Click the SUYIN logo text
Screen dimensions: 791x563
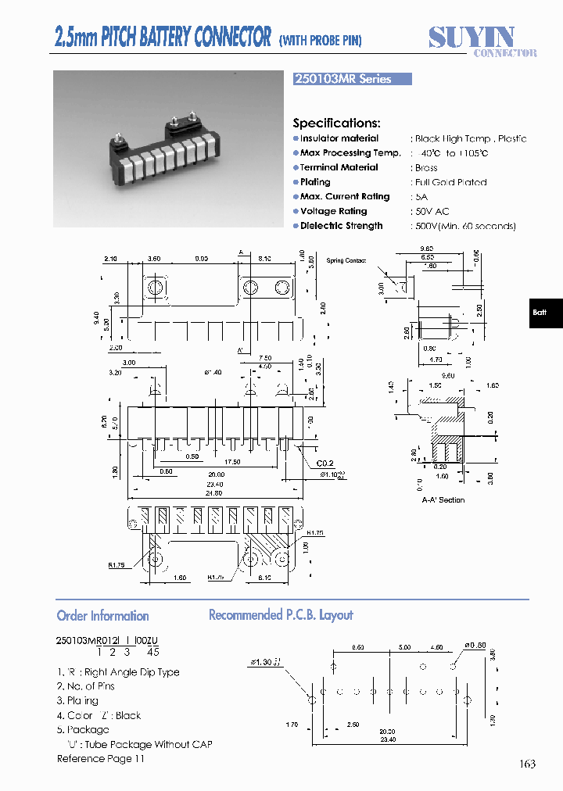(x=472, y=37)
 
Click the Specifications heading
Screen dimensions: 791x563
(x=336, y=123)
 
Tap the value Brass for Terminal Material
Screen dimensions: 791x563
(x=426, y=167)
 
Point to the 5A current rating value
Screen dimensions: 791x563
(x=421, y=197)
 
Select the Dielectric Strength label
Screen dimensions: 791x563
(x=341, y=226)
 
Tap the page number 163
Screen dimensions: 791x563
(x=527, y=764)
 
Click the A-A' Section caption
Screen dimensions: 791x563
(x=443, y=499)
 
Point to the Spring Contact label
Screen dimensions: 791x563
(x=346, y=260)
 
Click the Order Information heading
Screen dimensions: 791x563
(x=102, y=616)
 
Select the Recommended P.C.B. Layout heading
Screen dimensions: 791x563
(x=281, y=615)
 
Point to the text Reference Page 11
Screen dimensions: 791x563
(x=101, y=759)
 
